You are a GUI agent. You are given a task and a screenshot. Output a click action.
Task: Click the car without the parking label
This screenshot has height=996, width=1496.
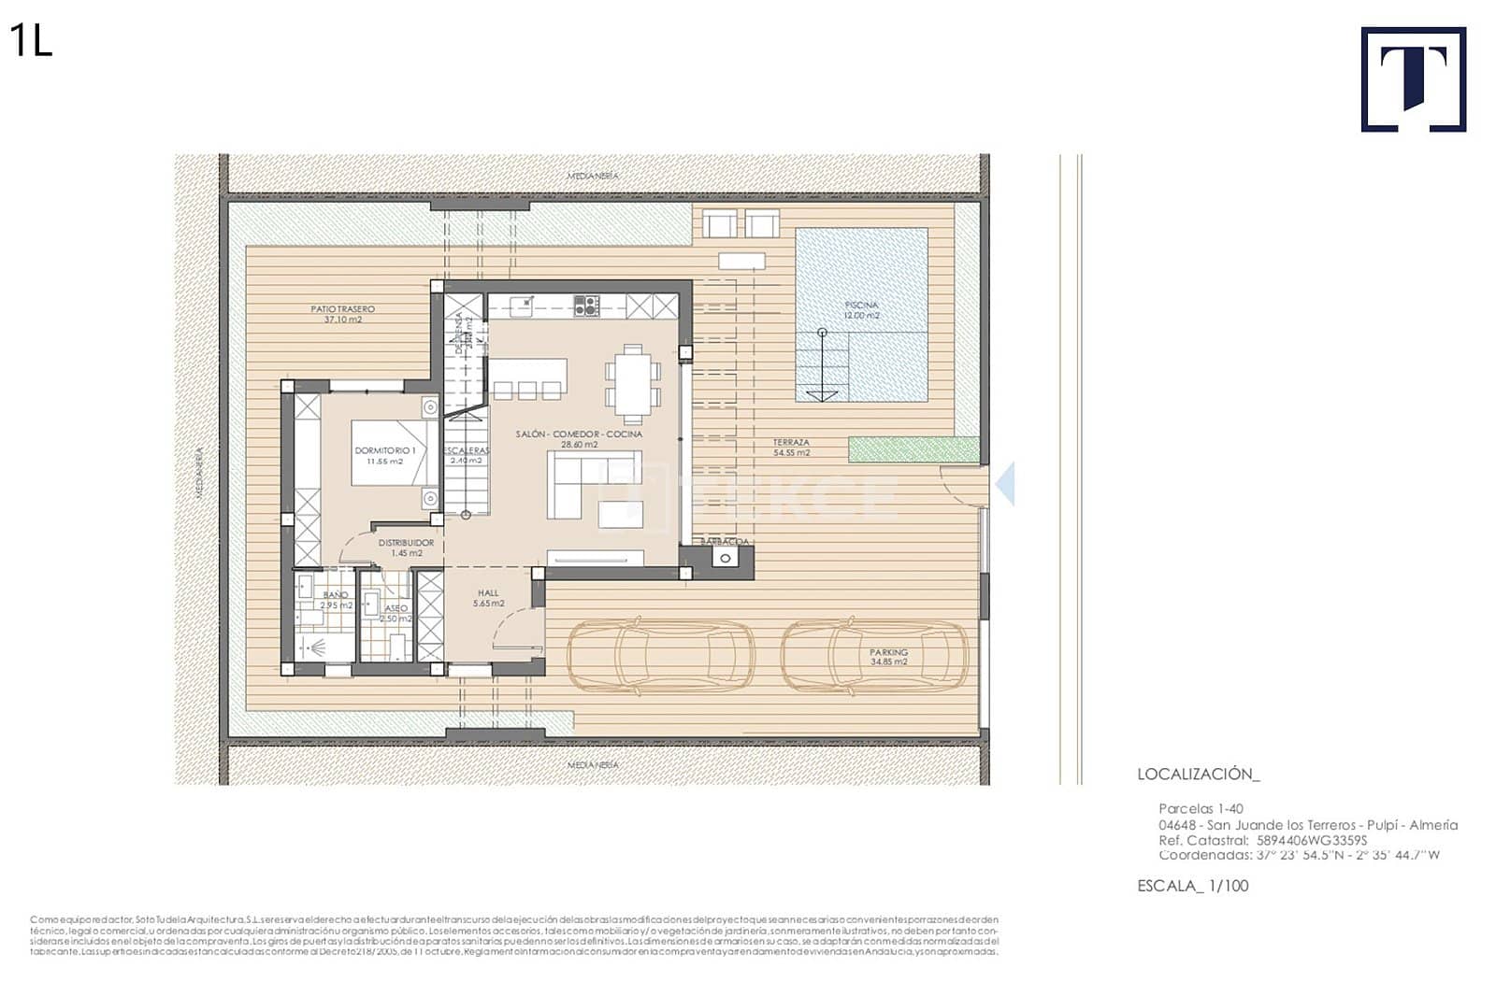[x=661, y=658]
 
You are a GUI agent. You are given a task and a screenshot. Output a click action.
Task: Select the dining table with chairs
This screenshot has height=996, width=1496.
[x=633, y=383]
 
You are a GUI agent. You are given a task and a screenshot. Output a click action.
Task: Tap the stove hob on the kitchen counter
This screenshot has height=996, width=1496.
[x=586, y=305]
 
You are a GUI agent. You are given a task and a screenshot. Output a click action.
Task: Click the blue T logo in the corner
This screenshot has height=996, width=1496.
[x=1413, y=79]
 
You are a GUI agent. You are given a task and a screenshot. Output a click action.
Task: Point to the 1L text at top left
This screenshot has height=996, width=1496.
[x=31, y=41]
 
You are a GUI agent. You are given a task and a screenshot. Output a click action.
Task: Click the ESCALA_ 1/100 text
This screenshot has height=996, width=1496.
[x=1192, y=886]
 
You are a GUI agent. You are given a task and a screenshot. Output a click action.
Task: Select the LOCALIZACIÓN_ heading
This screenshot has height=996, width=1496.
[x=1198, y=774]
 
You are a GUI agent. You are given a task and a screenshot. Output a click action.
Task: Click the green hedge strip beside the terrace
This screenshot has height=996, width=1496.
[x=913, y=449]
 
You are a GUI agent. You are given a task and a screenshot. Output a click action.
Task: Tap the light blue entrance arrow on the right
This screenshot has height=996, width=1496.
[x=1005, y=484]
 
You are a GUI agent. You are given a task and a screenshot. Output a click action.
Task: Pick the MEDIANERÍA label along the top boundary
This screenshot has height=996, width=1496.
[x=593, y=176]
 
